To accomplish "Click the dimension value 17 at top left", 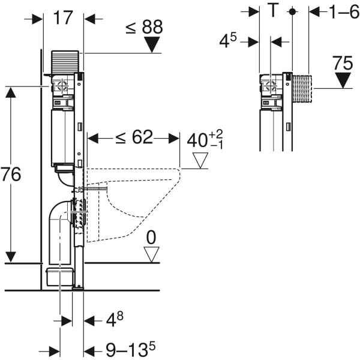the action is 63,18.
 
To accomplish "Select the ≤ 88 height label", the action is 144,27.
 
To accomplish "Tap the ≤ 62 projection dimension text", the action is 134,137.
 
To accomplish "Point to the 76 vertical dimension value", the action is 11,174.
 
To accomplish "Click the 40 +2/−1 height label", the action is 205,139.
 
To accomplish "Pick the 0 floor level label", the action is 151,238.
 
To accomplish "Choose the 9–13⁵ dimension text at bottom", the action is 131,349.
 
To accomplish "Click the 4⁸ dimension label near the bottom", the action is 115,319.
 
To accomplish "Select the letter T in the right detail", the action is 273,10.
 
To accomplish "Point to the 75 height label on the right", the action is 343,63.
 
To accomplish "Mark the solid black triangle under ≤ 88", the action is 152,44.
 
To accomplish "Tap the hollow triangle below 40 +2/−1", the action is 200,160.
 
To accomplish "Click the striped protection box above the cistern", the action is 65,62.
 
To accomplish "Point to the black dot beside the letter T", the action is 292,12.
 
